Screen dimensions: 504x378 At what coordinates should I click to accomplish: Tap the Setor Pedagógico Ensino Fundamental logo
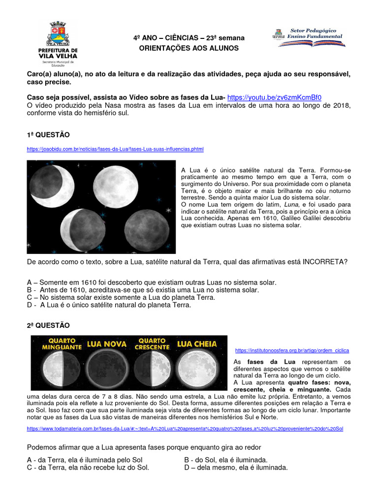coord(309,37)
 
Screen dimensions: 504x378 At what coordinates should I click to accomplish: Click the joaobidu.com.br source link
coord(115,149)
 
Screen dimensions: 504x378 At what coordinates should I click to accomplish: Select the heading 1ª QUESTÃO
coord(48,134)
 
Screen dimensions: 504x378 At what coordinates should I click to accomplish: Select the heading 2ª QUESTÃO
coord(48,325)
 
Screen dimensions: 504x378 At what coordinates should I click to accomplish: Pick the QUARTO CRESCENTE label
coord(152,344)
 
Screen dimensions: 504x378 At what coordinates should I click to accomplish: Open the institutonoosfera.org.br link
coord(292,350)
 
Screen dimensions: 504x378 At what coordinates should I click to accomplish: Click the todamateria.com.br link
coord(185,429)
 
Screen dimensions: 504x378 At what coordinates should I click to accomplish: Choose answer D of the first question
coord(109,305)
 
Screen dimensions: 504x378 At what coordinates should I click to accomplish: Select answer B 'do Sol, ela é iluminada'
coord(226,460)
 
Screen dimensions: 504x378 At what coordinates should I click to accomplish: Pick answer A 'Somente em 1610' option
coord(152,283)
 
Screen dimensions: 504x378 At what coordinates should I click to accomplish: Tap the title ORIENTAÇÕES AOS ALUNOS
coord(189,48)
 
